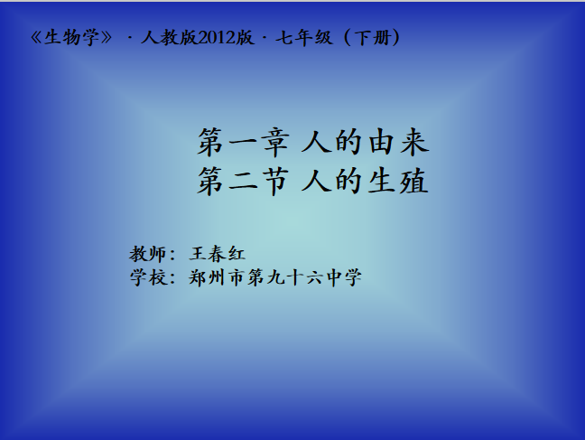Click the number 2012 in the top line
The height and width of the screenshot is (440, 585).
pos(217,38)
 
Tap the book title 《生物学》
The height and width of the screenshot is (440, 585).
pos(71,38)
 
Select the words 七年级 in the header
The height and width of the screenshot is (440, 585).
pos(303,38)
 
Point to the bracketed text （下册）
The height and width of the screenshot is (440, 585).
pos(372,38)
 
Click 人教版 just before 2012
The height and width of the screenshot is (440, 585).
pos(169,38)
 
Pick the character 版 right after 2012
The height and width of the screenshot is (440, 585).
pos(245,38)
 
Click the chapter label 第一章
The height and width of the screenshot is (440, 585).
pos(244,143)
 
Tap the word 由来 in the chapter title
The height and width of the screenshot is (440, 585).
pos(398,143)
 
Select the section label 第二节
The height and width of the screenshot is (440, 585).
pos(243,182)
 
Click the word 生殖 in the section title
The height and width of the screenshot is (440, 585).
pos(398,182)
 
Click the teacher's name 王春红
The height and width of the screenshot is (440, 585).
pos(218,254)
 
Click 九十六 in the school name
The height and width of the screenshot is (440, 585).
pos(294,277)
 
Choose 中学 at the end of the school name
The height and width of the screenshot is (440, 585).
pos(344,277)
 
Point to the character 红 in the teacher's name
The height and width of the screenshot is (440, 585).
pos(237,254)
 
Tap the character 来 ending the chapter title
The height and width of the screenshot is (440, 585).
pos(414,143)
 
